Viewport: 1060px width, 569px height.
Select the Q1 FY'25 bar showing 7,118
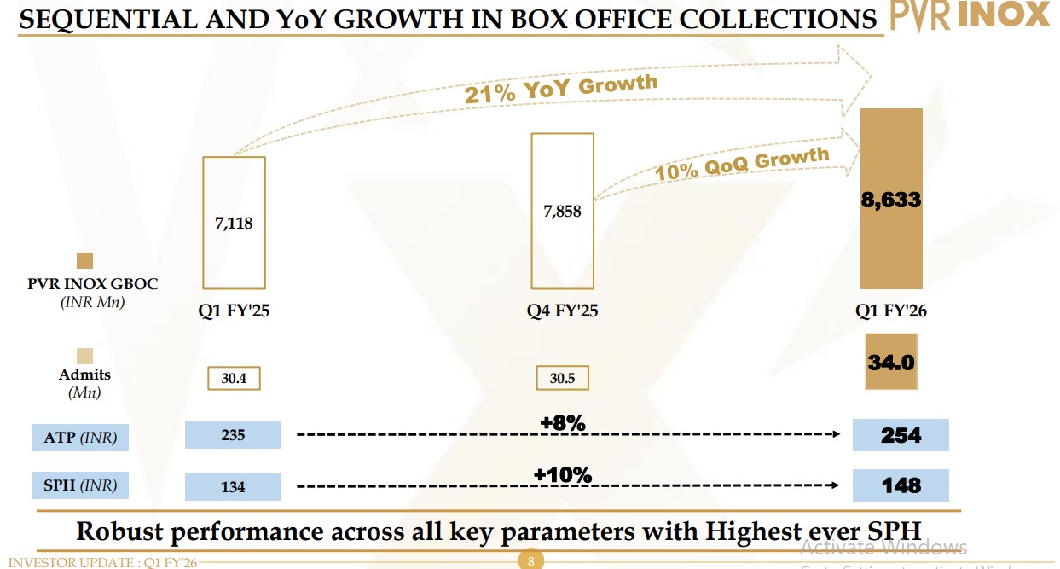coord(234,223)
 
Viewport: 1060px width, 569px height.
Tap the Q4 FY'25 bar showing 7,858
coord(562,210)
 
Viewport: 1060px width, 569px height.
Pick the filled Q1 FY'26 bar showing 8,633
coord(891,199)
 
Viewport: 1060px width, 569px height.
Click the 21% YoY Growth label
coord(561,89)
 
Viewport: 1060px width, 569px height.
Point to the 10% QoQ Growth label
coord(741,163)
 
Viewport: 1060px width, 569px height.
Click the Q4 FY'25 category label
coord(562,311)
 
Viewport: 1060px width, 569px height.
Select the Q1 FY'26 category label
coord(891,311)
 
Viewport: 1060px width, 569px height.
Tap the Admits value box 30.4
coord(234,378)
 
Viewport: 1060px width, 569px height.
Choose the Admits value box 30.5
coord(562,378)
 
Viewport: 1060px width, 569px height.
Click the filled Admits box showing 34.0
coord(891,363)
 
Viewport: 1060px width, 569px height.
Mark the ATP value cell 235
coord(233,435)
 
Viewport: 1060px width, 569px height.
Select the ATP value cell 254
coord(901,435)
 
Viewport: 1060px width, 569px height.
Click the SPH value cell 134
coord(233,486)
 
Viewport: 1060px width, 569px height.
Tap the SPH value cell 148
coord(901,485)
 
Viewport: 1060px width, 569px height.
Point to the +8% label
coord(563,423)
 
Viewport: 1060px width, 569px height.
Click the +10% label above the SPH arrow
coord(563,474)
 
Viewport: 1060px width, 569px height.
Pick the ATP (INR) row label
coord(80,438)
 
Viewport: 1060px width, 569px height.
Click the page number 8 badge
coord(530,561)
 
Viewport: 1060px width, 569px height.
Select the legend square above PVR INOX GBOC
coord(84,261)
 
